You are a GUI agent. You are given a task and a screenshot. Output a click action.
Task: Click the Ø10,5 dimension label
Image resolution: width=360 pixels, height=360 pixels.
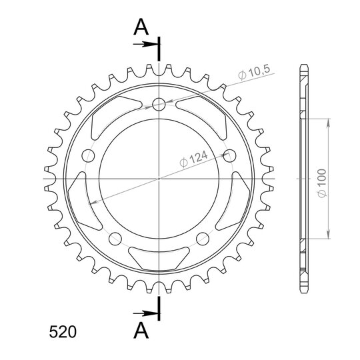coord(254,73)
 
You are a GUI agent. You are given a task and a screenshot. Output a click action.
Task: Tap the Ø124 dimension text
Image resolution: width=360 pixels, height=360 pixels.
coord(193,159)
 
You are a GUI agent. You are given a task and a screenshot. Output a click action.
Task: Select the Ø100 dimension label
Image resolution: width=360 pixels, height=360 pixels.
coord(322,183)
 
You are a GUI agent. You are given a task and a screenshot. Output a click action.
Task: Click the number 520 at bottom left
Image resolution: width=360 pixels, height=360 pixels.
coord(63,332)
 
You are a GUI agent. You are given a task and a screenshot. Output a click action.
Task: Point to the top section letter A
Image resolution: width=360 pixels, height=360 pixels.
coord(141,27)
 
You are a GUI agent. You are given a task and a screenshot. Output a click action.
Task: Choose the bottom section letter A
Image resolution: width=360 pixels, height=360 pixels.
coord(141,330)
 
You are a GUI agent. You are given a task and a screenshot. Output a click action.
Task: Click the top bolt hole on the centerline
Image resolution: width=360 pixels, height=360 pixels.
coord(159,104)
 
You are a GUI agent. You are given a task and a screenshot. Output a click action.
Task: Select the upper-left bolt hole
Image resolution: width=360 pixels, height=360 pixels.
coord(88,155)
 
